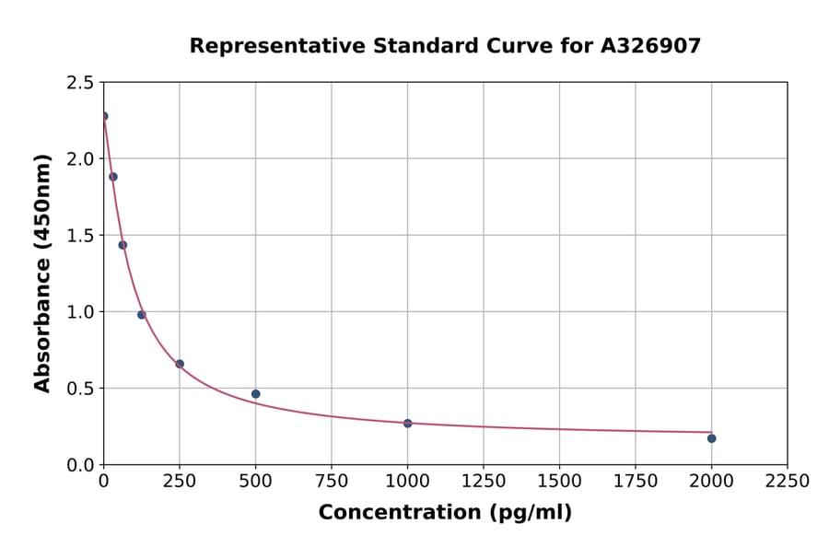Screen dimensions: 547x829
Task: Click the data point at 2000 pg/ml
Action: coord(711,438)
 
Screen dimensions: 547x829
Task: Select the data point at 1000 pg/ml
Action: coord(407,423)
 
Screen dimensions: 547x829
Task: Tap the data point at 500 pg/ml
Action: coord(255,394)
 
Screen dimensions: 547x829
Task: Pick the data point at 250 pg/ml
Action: coord(180,364)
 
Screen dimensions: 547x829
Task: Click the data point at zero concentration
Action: coord(104,116)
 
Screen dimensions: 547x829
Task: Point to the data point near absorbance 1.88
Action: coord(113,177)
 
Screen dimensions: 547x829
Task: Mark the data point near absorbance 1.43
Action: coord(123,245)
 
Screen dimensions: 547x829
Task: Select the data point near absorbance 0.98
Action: coord(142,315)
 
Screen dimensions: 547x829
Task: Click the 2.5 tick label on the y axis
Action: coord(79,83)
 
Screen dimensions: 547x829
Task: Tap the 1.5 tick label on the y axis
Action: coord(79,236)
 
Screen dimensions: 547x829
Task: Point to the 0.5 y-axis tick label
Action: coord(79,389)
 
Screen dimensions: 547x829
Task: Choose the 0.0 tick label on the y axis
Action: coord(79,465)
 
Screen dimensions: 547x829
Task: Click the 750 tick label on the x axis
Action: coord(332,482)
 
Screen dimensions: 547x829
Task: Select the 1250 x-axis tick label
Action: coord(484,482)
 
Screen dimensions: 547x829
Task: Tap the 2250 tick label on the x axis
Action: coord(787,482)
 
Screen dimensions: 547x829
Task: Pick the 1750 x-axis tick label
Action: coord(635,482)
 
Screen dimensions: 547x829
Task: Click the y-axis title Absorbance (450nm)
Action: coord(42,273)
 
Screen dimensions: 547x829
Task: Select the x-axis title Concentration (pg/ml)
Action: coord(445,513)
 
